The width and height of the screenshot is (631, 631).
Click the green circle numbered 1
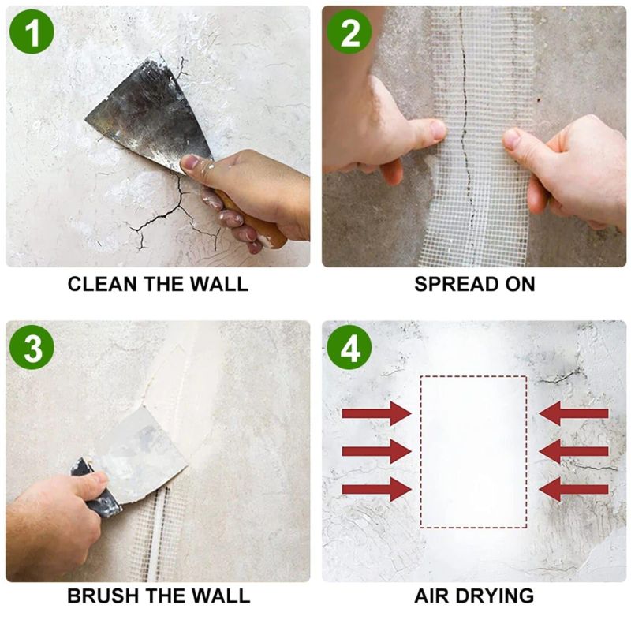(x=32, y=32)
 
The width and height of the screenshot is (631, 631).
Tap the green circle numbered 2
(x=349, y=32)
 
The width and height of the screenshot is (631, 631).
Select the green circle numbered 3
(x=32, y=347)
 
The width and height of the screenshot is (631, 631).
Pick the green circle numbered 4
(x=349, y=347)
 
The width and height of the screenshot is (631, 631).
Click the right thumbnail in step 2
(x=512, y=139)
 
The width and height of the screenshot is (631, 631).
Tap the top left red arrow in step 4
(x=377, y=413)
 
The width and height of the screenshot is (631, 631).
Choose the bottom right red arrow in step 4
(x=573, y=489)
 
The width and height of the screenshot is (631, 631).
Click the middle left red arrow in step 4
(x=377, y=451)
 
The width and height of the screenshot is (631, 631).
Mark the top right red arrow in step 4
(x=573, y=413)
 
